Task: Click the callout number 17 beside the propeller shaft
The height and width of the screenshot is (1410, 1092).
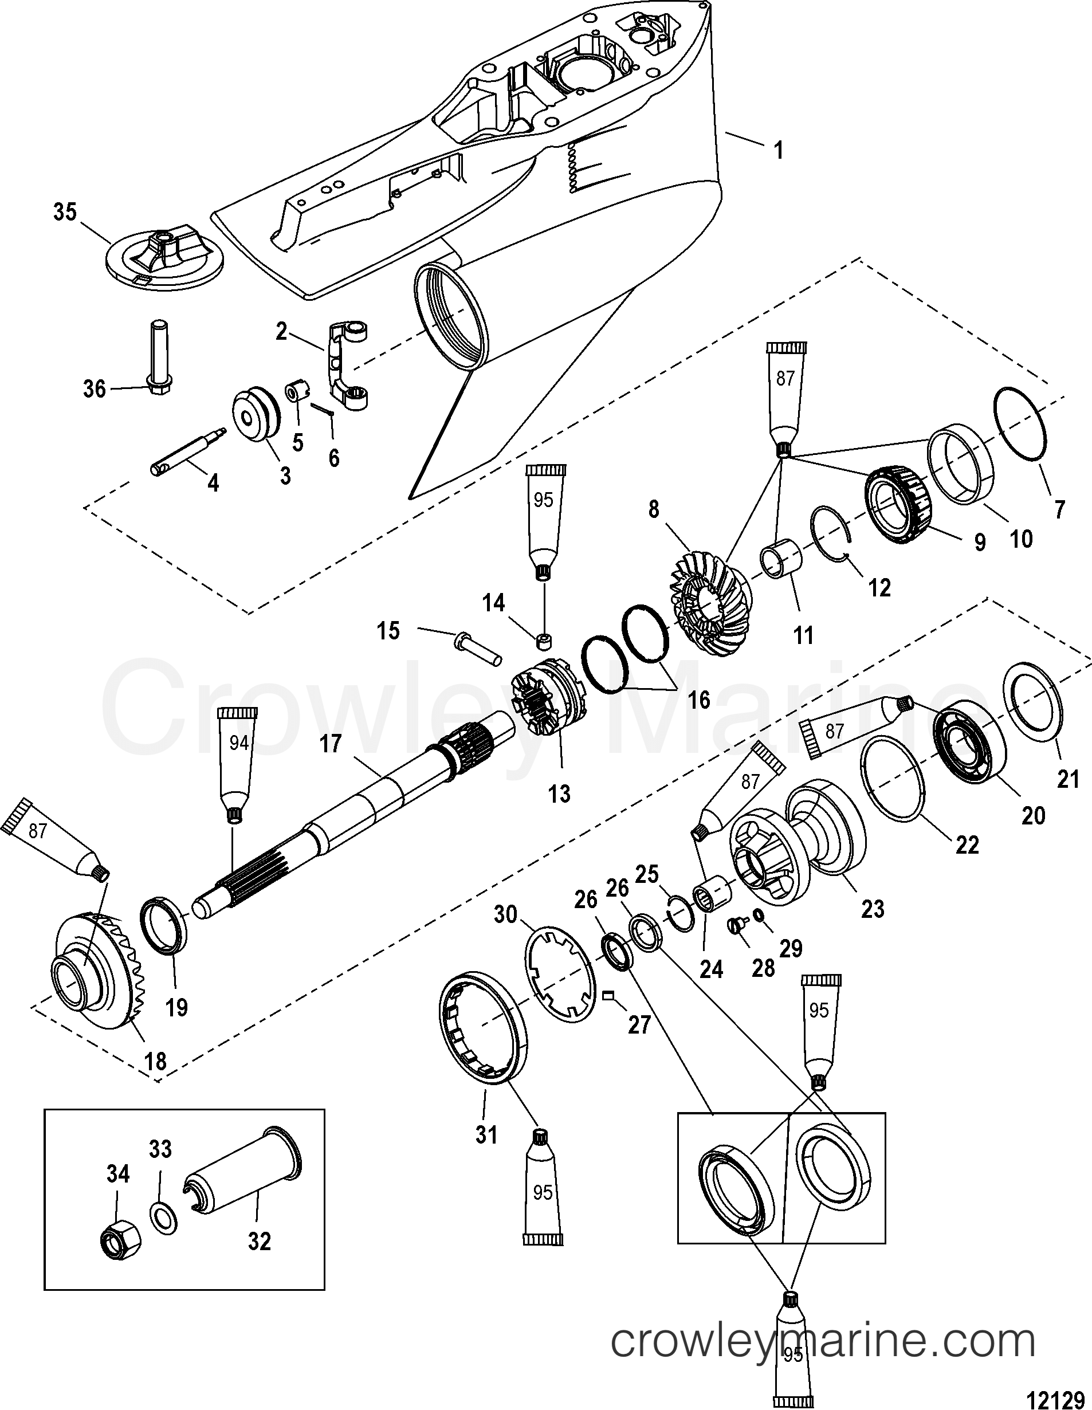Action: pos(330,744)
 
